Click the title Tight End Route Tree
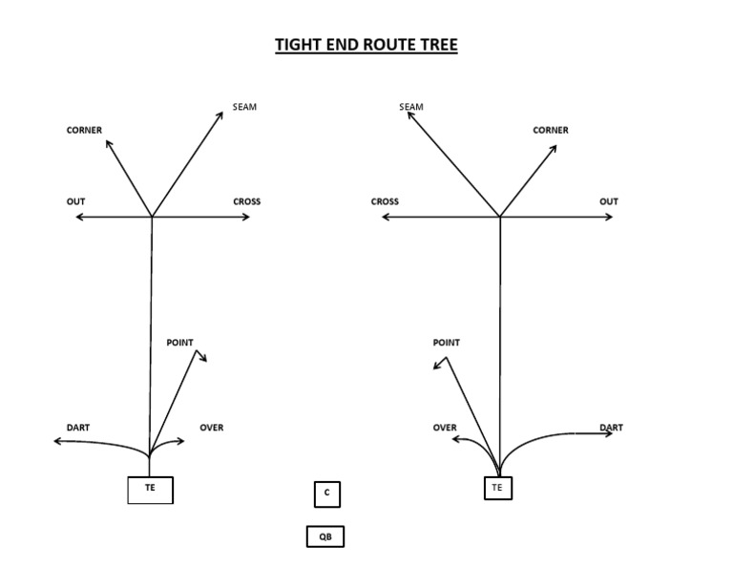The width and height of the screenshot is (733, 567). coord(366,45)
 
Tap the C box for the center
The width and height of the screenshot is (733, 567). coord(326,493)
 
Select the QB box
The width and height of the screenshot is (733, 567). coord(325,536)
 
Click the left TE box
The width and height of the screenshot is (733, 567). coord(150,489)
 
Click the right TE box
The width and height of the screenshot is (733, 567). coord(496,488)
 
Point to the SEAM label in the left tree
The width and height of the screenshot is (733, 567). coord(244,107)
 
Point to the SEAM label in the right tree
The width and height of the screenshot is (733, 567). coord(411,107)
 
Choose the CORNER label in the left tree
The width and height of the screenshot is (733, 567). coord(84,130)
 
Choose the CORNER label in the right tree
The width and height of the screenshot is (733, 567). coord(551,130)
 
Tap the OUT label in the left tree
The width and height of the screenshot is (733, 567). coord(75,201)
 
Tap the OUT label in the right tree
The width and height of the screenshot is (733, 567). coord(609,201)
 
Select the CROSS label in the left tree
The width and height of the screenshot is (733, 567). coord(246,201)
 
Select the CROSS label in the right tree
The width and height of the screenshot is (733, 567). coord(385,201)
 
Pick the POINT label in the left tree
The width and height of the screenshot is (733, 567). coord(179,343)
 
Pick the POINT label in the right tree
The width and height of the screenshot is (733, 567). coord(446,343)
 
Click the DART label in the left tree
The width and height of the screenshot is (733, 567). coord(78,428)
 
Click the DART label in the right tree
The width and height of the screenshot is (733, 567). coord(611,428)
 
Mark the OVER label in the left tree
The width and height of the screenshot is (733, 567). coord(211,428)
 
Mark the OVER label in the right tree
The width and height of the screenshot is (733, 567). coord(445,428)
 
